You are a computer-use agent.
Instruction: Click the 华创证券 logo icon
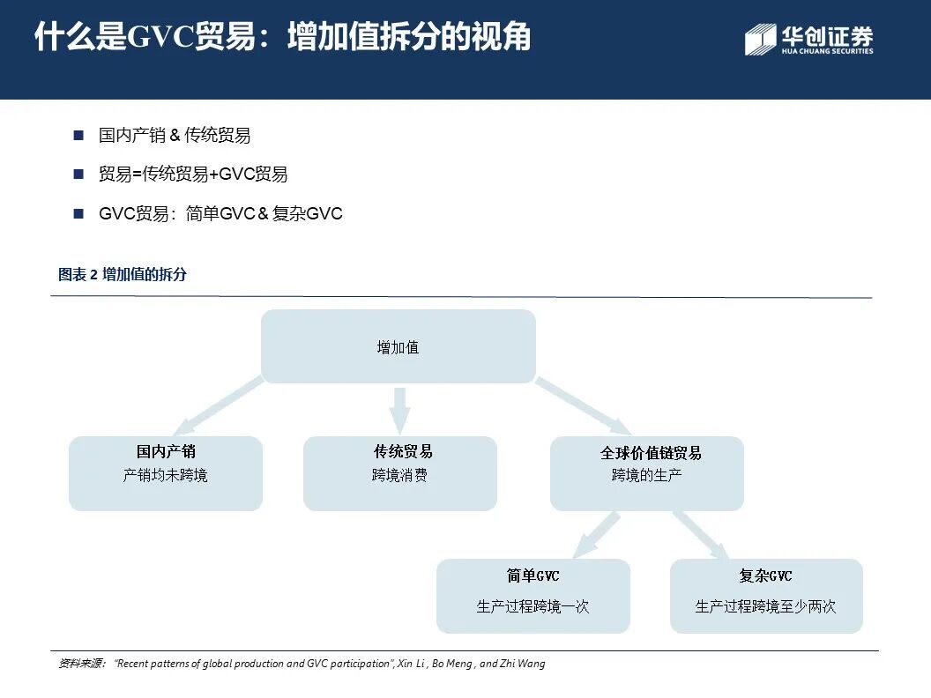pyautogui.click(x=760, y=40)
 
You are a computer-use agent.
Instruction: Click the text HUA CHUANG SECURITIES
pyautogui.click(x=827, y=51)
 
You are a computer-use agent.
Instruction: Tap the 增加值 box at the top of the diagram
pyautogui.click(x=398, y=346)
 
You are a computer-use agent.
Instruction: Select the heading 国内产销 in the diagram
pyautogui.click(x=166, y=452)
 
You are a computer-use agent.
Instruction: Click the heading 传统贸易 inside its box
pyautogui.click(x=403, y=452)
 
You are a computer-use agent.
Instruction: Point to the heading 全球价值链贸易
pyautogui.click(x=651, y=453)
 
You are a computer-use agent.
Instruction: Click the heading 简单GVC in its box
pyautogui.click(x=533, y=576)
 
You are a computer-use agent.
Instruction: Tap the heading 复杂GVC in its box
pyautogui.click(x=765, y=576)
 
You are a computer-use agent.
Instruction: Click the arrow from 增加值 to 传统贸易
pyautogui.click(x=400, y=409)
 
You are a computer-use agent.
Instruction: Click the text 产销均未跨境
pyautogui.click(x=166, y=476)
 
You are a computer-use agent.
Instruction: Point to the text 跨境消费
pyautogui.click(x=399, y=476)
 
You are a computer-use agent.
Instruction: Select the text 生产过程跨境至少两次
pyautogui.click(x=765, y=606)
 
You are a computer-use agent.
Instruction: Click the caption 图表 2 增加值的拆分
pyautogui.click(x=123, y=274)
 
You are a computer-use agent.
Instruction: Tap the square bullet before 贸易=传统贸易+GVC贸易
pyautogui.click(x=78, y=174)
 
